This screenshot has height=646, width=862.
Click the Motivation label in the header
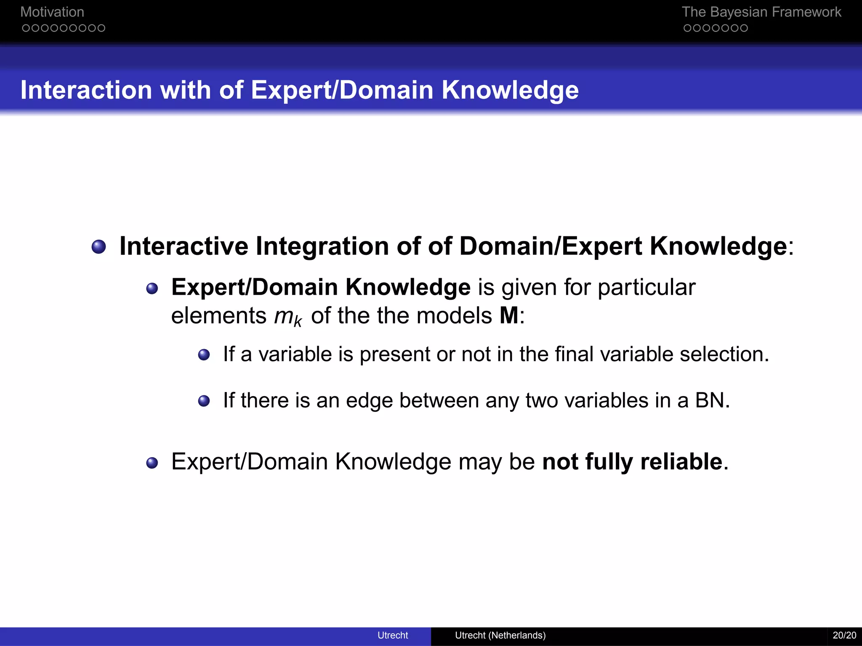point(52,12)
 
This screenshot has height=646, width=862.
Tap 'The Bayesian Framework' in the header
point(761,12)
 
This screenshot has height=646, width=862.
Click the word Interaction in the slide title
point(86,90)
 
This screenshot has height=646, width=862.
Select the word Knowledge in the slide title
point(510,90)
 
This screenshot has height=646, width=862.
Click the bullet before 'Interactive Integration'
point(99,247)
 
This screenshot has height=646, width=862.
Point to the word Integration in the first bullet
point(322,246)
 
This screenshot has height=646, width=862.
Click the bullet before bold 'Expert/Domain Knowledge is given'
point(152,289)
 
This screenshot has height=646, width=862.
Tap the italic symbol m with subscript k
point(287,316)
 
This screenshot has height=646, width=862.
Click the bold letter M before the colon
point(509,315)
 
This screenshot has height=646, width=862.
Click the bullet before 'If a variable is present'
point(204,355)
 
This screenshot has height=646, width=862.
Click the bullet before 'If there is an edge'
point(204,401)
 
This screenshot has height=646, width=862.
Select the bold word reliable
point(681,462)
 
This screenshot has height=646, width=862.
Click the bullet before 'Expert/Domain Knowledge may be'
point(152,463)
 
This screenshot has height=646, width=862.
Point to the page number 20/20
point(844,635)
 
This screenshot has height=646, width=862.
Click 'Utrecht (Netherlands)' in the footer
point(500,635)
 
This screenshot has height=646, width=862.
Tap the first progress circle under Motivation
point(26,28)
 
